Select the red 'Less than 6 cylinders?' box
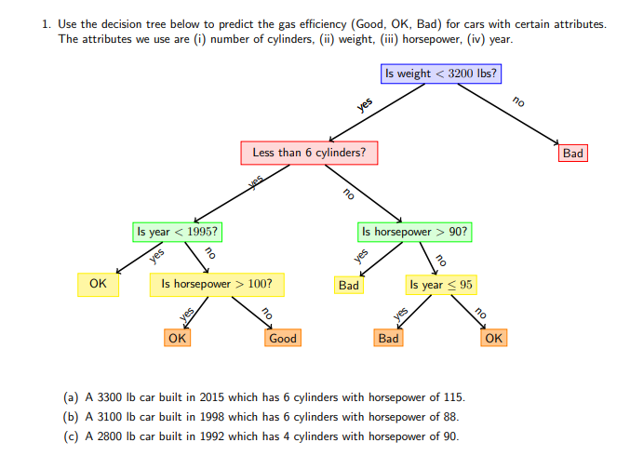coord(309,153)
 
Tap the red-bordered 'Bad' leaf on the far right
coord(573,153)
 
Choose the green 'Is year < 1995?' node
coord(179,232)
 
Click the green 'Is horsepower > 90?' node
coord(415,232)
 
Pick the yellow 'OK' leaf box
coord(98,285)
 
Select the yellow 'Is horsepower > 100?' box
coord(217,285)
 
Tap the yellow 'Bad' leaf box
coord(349,286)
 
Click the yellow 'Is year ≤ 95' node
coord(440,285)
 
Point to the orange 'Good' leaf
coord(282,339)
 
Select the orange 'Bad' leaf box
coord(389,339)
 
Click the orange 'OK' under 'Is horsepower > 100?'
coord(177,339)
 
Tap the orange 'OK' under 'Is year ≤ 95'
coord(494,339)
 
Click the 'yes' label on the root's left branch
coord(365,105)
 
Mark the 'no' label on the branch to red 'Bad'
coord(518,101)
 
